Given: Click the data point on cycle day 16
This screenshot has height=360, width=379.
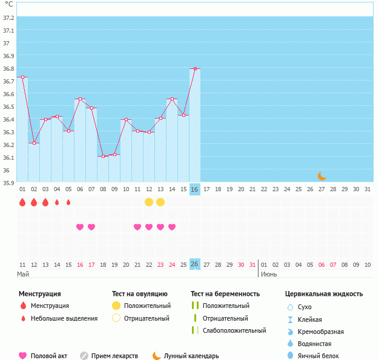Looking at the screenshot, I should [x=195, y=68].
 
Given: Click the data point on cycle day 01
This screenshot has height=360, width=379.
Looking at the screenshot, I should [x=22, y=77].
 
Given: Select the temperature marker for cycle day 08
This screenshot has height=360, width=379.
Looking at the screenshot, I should [x=103, y=156].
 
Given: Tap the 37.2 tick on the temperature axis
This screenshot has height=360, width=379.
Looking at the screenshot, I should [x=9, y=18].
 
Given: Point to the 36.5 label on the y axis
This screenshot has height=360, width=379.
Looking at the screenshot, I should [x=9, y=106].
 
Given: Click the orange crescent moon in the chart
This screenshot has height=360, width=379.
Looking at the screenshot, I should [x=322, y=176].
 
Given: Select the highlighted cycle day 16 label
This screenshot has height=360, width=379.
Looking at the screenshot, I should [x=194, y=189].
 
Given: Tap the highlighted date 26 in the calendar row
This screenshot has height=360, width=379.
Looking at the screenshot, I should [x=194, y=264].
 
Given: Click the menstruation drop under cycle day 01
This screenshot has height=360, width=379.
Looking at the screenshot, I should [x=22, y=202].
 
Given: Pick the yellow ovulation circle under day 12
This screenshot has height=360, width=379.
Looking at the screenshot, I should [x=149, y=202].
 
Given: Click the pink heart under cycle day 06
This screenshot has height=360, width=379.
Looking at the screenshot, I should [x=80, y=227].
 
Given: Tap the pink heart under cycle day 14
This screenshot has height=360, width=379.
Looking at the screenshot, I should [x=172, y=227].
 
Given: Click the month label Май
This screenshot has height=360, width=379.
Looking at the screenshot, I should [x=23, y=274].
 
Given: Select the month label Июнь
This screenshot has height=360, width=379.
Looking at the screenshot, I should [x=269, y=274].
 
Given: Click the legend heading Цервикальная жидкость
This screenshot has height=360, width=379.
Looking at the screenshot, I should [x=324, y=294].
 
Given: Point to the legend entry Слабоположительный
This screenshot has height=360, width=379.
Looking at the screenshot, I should [x=234, y=330].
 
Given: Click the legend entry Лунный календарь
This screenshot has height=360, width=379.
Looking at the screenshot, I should [x=190, y=356].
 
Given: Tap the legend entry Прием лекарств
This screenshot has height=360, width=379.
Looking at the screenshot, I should [x=114, y=356].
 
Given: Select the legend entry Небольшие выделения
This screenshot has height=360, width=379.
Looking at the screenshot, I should [x=64, y=318].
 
